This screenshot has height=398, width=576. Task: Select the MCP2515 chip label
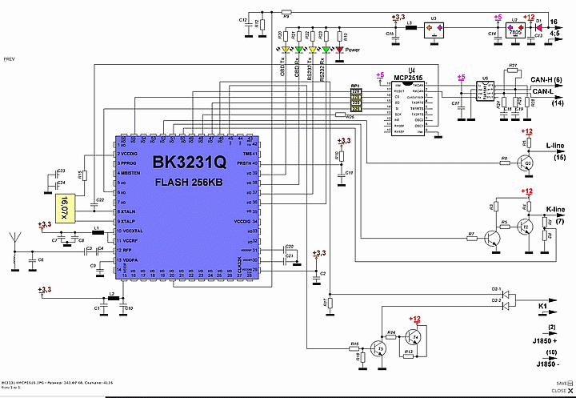click(410, 77)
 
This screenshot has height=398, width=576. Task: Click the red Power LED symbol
click(339, 50)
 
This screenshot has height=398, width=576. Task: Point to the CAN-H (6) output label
click(546, 80)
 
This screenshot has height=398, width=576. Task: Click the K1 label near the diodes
click(542, 306)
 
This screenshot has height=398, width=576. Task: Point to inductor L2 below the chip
click(113, 298)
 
